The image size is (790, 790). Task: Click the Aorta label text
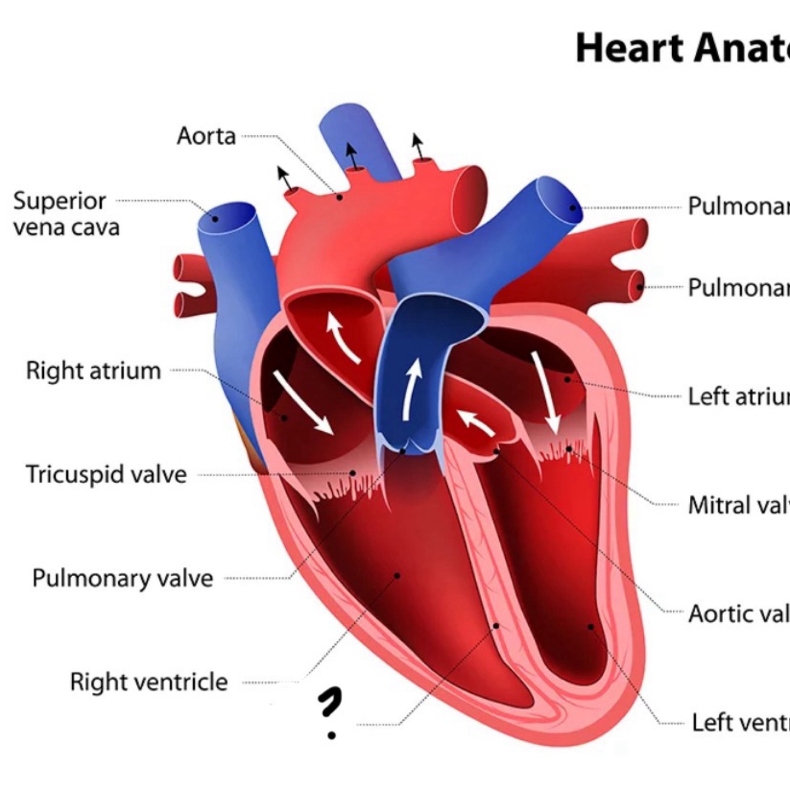pyautogui.click(x=206, y=136)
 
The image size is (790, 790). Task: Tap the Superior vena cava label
pyautogui.click(x=66, y=214)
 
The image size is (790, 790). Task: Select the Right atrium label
pyautogui.click(x=94, y=371)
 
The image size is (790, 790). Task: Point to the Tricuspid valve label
pyautogui.click(x=106, y=474)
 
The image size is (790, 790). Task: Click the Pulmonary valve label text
pyautogui.click(x=123, y=578)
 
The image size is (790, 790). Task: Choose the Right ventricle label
pyautogui.click(x=149, y=682)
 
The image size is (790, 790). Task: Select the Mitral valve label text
pyautogui.click(x=738, y=505)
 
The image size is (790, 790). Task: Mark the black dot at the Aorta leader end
pyautogui.click(x=339, y=197)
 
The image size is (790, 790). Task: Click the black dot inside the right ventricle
pyautogui.click(x=397, y=575)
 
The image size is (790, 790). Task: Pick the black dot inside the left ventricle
pyautogui.click(x=590, y=626)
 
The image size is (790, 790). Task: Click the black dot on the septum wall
pyautogui.click(x=497, y=625)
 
